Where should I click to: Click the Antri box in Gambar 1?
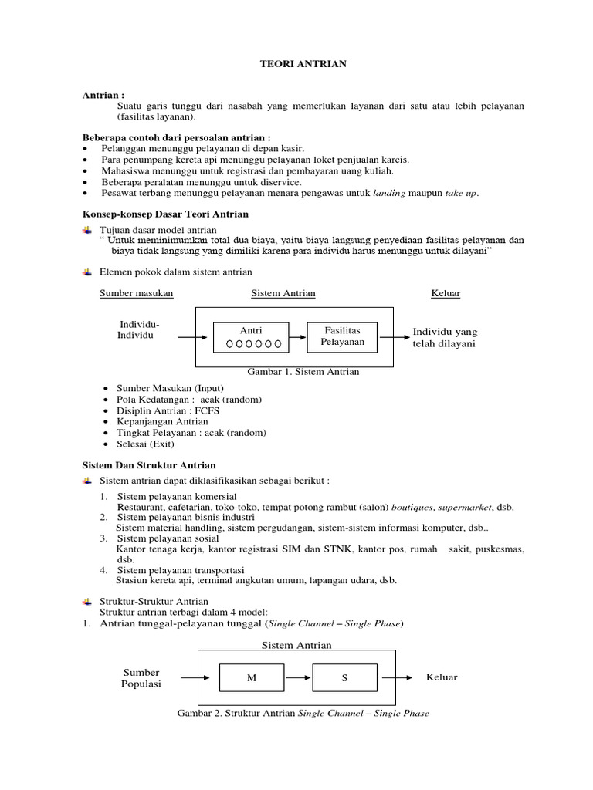pyautogui.click(x=252, y=337)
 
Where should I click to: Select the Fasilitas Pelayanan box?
pyautogui.click(x=342, y=336)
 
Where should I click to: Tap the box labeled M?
pyautogui.click(x=251, y=678)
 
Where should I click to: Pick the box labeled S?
pyautogui.click(x=344, y=678)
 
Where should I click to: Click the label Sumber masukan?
pyautogui.click(x=137, y=293)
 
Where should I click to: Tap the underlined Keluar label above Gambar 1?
pyautogui.click(x=446, y=293)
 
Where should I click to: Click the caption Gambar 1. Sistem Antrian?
pyautogui.click(x=303, y=372)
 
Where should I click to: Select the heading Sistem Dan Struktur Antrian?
pyautogui.click(x=149, y=465)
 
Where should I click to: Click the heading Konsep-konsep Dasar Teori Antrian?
pyautogui.click(x=166, y=212)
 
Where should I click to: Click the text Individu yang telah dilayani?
pyautogui.click(x=445, y=337)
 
